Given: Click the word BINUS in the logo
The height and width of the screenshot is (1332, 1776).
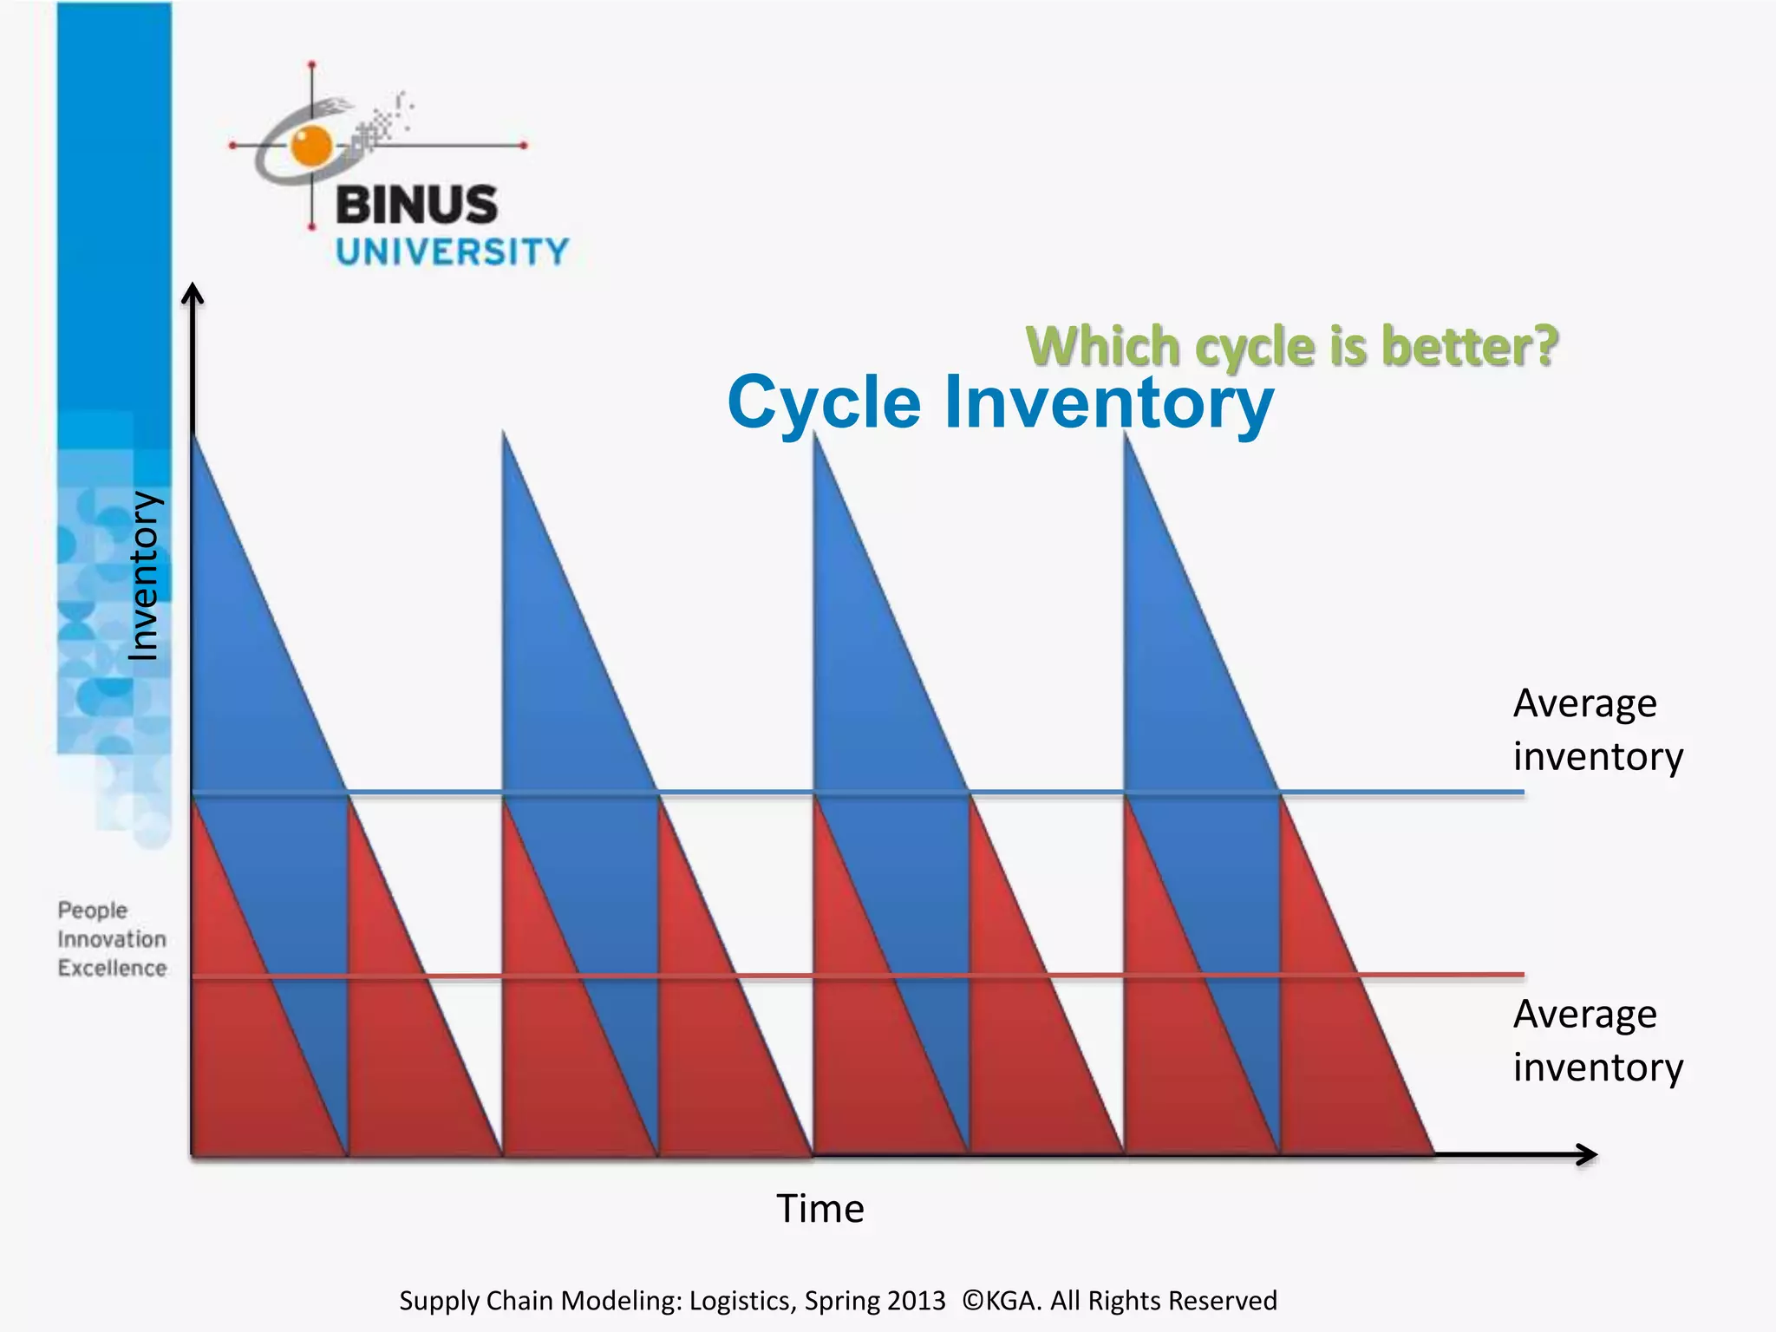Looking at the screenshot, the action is (x=417, y=205).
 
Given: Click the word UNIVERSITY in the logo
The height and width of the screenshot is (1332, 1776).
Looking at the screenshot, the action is (x=453, y=252).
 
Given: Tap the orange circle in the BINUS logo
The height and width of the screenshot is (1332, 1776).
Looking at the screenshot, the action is (x=311, y=146).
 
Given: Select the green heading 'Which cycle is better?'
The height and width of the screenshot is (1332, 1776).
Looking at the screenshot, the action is (x=1292, y=347).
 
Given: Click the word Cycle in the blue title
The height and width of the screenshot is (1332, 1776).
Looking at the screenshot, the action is (x=824, y=404).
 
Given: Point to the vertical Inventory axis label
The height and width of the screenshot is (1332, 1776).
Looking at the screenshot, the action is (x=143, y=576).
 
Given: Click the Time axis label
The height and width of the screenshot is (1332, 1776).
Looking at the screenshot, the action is (x=820, y=1208).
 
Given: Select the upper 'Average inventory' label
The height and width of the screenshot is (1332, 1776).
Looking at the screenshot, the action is (x=1598, y=729).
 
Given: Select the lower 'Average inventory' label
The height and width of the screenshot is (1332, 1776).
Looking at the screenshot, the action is (x=1598, y=1041).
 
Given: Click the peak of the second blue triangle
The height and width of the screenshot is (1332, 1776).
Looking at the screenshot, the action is (x=503, y=431).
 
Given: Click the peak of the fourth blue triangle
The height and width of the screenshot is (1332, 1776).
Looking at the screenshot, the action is (x=1125, y=431).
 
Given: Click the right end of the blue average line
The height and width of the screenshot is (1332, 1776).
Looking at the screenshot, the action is (x=1524, y=792).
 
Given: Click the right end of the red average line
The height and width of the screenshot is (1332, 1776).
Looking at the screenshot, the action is (x=1524, y=975).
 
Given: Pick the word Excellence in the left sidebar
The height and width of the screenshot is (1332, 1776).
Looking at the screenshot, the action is (x=113, y=968).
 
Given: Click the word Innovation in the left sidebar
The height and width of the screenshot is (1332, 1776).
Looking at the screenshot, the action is (x=113, y=939).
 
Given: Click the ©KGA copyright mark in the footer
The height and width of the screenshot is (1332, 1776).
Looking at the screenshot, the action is (x=1002, y=1301).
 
